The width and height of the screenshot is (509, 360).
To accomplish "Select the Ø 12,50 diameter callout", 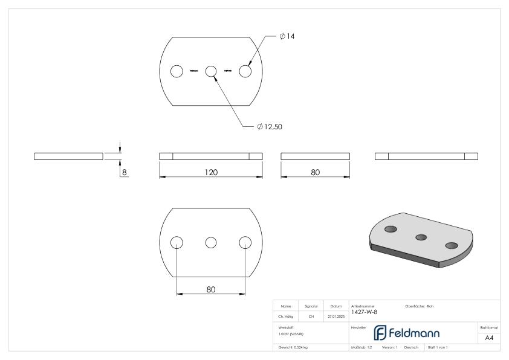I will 270,127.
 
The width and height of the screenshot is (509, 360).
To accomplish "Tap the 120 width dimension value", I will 210,172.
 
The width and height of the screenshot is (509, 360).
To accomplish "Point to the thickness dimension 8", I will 125,172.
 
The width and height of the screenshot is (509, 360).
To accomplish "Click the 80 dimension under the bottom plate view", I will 210,289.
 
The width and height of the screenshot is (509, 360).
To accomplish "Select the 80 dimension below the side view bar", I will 315,172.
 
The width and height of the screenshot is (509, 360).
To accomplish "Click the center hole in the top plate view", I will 211,71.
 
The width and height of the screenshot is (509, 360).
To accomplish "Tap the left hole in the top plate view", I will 177,71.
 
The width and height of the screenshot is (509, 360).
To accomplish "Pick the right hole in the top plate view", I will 245,71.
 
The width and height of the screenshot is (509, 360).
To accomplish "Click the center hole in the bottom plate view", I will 211,242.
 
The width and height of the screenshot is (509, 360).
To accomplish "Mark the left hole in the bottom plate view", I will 177,242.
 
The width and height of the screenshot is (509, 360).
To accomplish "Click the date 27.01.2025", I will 336,315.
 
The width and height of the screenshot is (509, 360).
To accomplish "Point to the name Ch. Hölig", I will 286,315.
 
